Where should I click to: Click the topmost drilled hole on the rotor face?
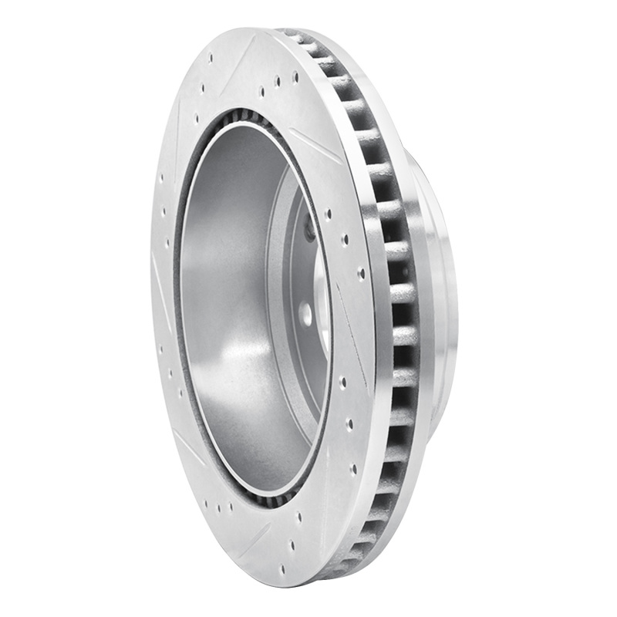(211, 57)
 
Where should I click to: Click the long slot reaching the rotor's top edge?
(245, 54)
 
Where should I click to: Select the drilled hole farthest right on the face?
(361, 271)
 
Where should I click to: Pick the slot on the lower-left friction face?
(190, 447)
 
